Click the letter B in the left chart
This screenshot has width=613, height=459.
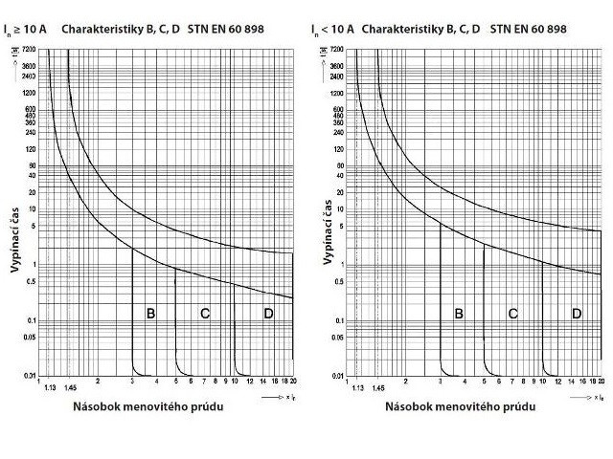149,313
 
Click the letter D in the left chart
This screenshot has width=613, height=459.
267,313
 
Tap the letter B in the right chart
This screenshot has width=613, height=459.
459,313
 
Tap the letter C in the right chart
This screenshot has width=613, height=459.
513,313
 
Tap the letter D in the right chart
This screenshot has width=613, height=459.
577,313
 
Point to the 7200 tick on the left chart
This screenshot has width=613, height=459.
30,48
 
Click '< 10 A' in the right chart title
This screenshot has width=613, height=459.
349,29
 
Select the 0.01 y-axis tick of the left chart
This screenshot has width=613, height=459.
31,377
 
